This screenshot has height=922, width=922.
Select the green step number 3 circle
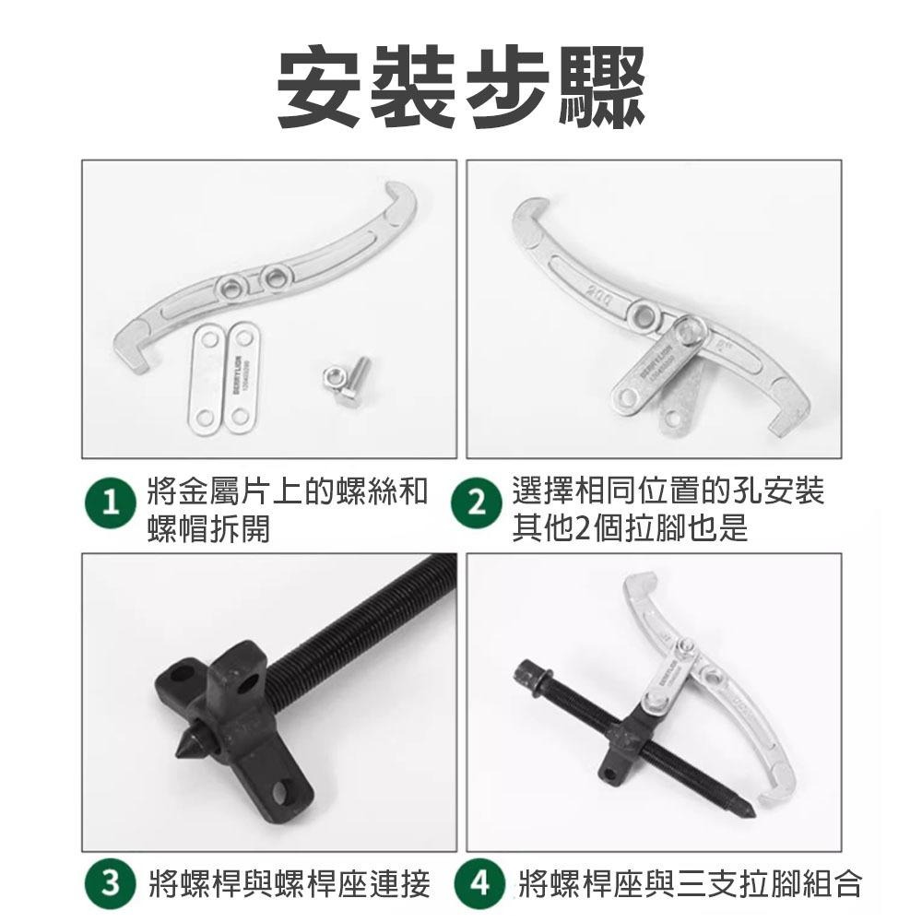point(112,886)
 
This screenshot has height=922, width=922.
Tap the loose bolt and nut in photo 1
point(347,377)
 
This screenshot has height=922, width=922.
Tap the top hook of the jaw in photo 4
point(635,584)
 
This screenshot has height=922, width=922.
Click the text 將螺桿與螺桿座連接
point(289,886)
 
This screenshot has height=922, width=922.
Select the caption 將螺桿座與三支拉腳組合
point(690,886)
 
